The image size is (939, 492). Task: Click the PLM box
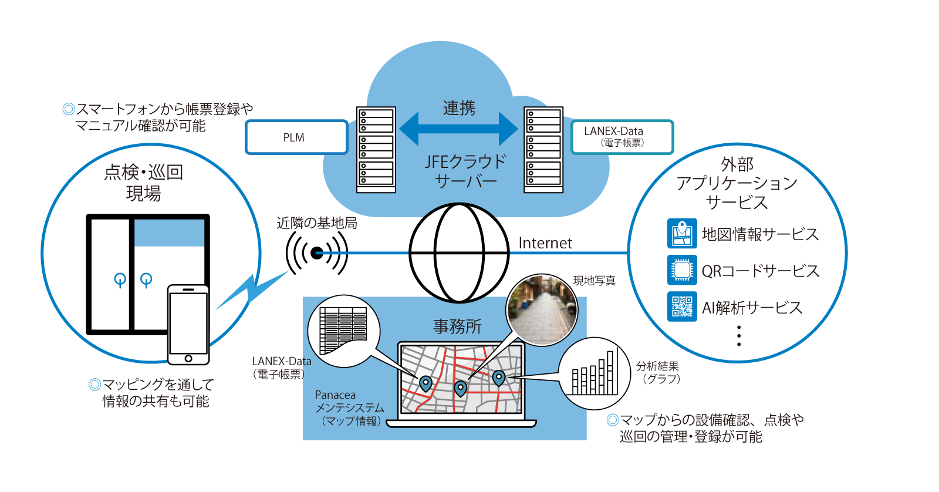[x=296, y=137]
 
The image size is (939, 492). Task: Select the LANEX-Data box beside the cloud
[x=622, y=137]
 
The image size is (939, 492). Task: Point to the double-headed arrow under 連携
[x=459, y=129]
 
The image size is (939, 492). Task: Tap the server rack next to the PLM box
[x=376, y=150]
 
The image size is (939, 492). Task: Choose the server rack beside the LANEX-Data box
[x=543, y=150]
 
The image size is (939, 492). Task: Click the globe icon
[x=459, y=252]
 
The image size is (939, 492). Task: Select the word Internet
[x=545, y=243]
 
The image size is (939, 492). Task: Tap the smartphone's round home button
[x=188, y=358]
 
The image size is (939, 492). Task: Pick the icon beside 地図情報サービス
[x=682, y=234]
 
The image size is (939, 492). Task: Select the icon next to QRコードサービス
[x=682, y=270]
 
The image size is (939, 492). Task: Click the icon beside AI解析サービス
[x=682, y=306]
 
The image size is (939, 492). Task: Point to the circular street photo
[x=542, y=310]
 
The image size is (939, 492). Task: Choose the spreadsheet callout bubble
[x=344, y=331]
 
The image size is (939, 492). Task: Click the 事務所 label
[x=457, y=326]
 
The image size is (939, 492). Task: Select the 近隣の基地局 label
[x=317, y=223]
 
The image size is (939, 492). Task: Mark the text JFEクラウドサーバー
[x=465, y=171]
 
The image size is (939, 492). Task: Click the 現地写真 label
[x=594, y=281]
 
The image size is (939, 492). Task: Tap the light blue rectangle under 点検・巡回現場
[x=169, y=233]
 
